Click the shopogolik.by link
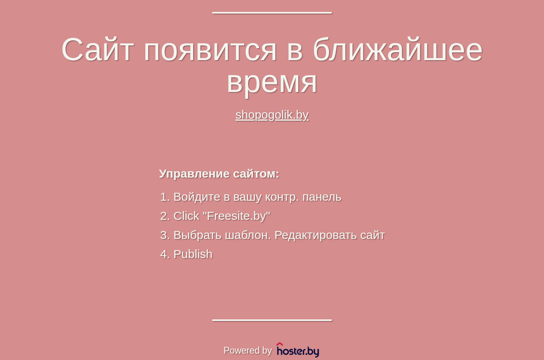272,115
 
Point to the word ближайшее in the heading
398,49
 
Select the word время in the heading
272,84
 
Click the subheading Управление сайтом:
219,174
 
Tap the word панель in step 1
322,197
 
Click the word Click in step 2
186,216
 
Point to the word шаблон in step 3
248,235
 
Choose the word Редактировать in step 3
316,235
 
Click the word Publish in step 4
193,254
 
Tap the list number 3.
165,235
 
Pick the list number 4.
165,254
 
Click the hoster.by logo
298,350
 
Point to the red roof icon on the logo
280,344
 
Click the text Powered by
247,350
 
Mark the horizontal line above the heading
272,13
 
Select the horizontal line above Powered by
272,320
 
